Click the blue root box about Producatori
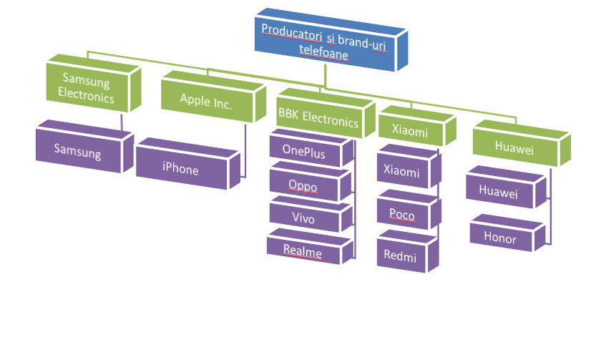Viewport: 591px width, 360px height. [329, 42]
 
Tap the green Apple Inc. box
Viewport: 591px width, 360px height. [206, 102]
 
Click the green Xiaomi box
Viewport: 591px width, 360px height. [410, 131]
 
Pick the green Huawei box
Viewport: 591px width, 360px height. [514, 146]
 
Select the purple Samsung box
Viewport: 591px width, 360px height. [78, 152]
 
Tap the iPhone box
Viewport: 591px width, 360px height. [180, 170]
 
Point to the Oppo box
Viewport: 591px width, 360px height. [303, 185]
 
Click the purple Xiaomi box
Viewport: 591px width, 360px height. [401, 171]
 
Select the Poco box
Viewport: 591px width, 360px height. [401, 214]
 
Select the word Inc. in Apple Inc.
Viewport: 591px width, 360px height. [220, 102]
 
